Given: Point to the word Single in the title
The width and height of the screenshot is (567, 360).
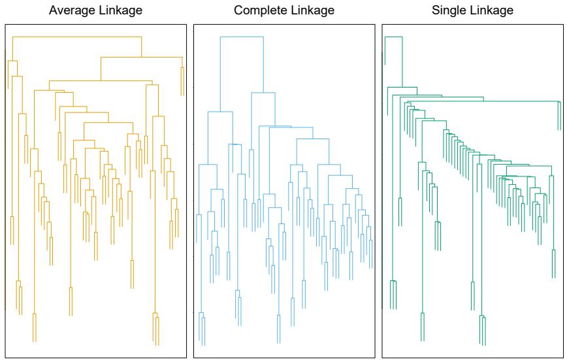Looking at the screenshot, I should (447, 10).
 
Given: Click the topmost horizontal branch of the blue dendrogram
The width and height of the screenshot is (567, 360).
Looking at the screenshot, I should (242, 37).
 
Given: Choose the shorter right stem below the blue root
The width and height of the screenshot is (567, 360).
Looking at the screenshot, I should (263, 65).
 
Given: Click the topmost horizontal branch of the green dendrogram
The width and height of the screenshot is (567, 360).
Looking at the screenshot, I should (393, 37).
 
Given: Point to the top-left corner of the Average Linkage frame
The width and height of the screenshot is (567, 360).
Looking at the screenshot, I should (5, 25).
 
